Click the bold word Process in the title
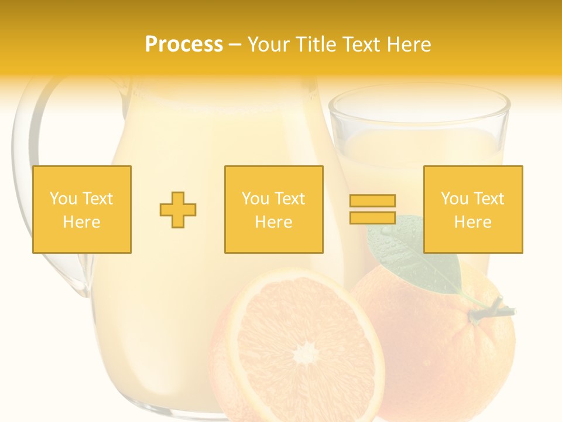[184, 45]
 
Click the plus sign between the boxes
[178, 210]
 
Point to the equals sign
[372, 209]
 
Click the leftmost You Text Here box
[82, 209]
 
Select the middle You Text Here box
[274, 209]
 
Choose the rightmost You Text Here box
[473, 209]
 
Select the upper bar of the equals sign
[372, 201]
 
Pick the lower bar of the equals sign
[372, 217]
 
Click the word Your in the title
[270, 45]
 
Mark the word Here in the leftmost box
[82, 222]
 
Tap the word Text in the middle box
[289, 199]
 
